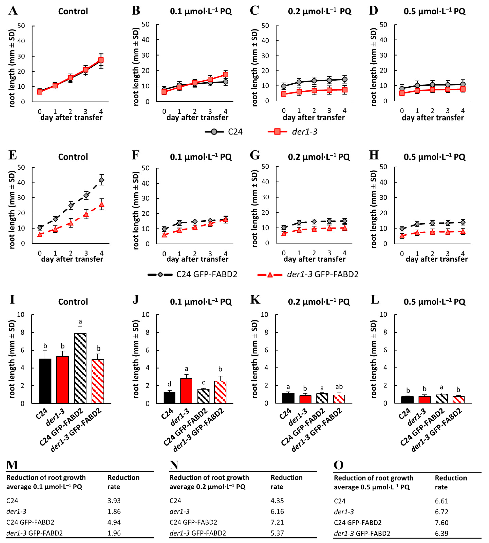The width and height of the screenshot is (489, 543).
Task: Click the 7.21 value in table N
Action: [277, 522]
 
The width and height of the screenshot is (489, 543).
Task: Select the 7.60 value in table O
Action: [441, 523]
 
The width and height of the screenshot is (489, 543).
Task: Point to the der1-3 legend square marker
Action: [278, 132]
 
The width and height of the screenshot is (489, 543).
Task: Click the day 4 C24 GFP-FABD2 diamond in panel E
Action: [102, 180]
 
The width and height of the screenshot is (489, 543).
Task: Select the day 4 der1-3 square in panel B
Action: [225, 74]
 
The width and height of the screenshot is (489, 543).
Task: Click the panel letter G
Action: [255, 155]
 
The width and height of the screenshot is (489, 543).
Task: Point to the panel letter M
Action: [12, 465]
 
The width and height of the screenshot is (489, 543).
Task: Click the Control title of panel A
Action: [73, 11]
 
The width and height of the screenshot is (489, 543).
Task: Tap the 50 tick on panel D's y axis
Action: [383, 25]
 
